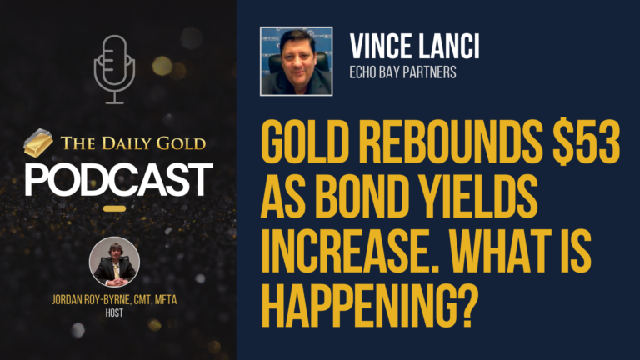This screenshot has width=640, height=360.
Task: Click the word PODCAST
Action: click(x=118, y=179)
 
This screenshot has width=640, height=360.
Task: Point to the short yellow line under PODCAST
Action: click(x=114, y=208)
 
